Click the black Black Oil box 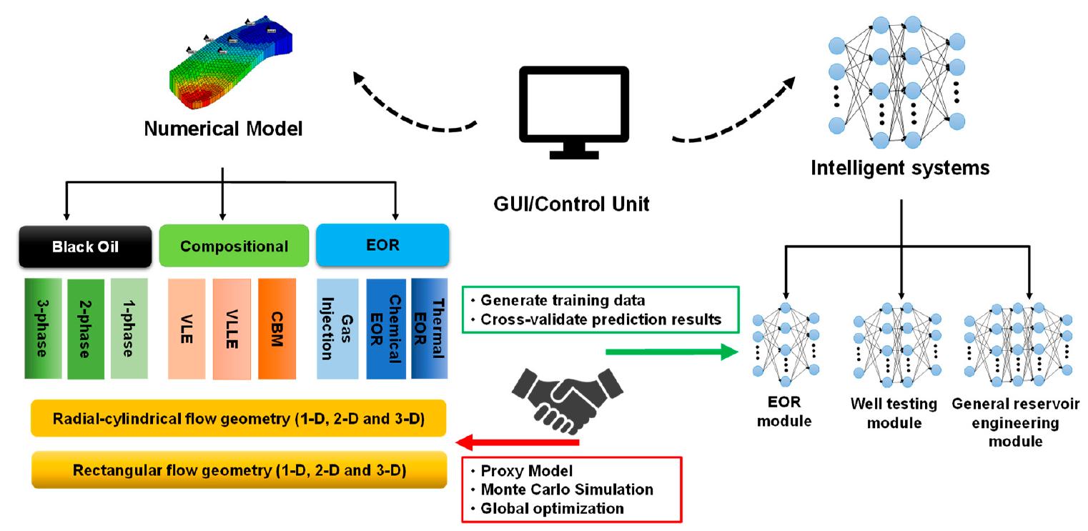point(85,247)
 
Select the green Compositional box point(234,247)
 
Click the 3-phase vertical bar point(44,329)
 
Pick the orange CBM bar point(277,329)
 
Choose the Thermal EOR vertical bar point(430,329)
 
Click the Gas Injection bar point(338,329)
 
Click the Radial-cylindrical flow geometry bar point(239,417)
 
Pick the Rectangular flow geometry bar point(239,470)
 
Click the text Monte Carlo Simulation point(567,490)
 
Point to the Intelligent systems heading point(900,168)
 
